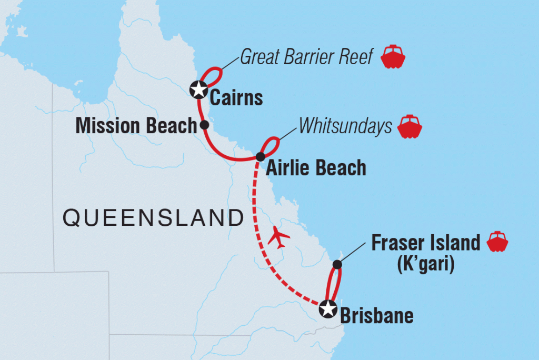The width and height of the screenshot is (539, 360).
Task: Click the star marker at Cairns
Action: (198, 89)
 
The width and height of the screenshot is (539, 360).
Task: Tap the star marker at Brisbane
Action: (328, 309)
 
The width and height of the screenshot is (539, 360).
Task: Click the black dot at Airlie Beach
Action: (260, 156)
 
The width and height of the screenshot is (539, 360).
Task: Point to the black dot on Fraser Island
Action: (337, 264)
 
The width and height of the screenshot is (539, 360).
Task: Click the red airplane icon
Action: (279, 237)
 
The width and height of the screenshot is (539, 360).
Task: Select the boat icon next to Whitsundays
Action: (411, 126)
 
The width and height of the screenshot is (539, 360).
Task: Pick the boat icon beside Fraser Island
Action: (497, 242)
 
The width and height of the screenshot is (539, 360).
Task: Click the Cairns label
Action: (236, 98)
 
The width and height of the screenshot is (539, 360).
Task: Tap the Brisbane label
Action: (377, 316)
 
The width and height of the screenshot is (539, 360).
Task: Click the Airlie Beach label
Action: (316, 168)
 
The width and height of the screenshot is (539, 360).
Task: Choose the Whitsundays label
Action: (345, 126)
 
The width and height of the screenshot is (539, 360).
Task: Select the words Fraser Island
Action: (426, 243)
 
